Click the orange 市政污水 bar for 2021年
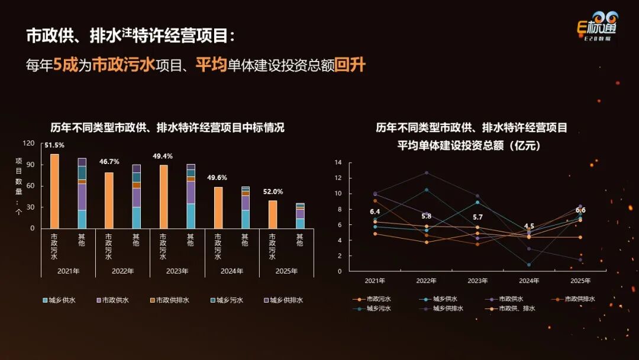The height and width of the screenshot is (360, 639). pyautogui.click(x=54, y=191)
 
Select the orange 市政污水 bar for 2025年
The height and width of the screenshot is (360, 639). pyautogui.click(x=273, y=214)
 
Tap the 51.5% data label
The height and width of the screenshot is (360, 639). pyautogui.click(x=54, y=145)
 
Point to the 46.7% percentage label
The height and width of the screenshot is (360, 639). pyautogui.click(x=109, y=162)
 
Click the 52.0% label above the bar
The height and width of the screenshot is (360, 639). pyautogui.click(x=273, y=191)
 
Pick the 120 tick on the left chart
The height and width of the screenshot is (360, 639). pyautogui.click(x=28, y=143)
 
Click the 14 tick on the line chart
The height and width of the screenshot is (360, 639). pyautogui.click(x=338, y=162)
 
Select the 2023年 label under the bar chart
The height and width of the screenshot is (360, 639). pyautogui.click(x=177, y=271)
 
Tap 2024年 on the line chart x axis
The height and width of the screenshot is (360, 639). pyautogui.click(x=529, y=280)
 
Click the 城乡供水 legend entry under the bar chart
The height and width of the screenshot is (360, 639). pyautogui.click(x=59, y=300)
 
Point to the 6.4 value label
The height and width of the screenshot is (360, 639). pyautogui.click(x=375, y=211)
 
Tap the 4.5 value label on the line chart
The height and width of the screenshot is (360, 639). pyautogui.click(x=529, y=226)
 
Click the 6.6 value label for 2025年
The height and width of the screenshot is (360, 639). pyautogui.click(x=580, y=210)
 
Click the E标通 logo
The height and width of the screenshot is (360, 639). pyautogui.click(x=597, y=27)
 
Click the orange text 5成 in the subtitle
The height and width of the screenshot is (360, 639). pyautogui.click(x=66, y=65)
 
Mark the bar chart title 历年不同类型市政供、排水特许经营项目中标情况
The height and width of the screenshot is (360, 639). pyautogui.click(x=167, y=127)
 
